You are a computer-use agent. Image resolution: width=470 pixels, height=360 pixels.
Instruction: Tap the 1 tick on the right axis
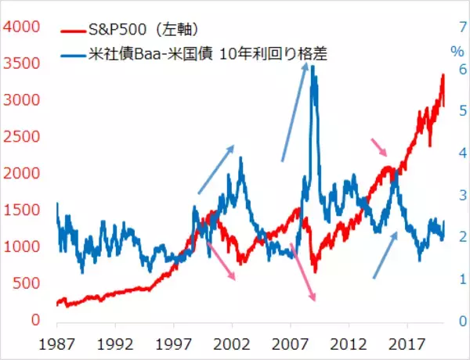461,279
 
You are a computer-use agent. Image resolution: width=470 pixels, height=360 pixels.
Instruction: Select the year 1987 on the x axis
57,343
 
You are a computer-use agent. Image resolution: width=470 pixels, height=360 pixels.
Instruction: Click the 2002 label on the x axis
232,343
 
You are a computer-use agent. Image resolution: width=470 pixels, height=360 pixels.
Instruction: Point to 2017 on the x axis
407,343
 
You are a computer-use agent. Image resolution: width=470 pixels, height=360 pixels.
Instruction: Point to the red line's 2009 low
315,272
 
